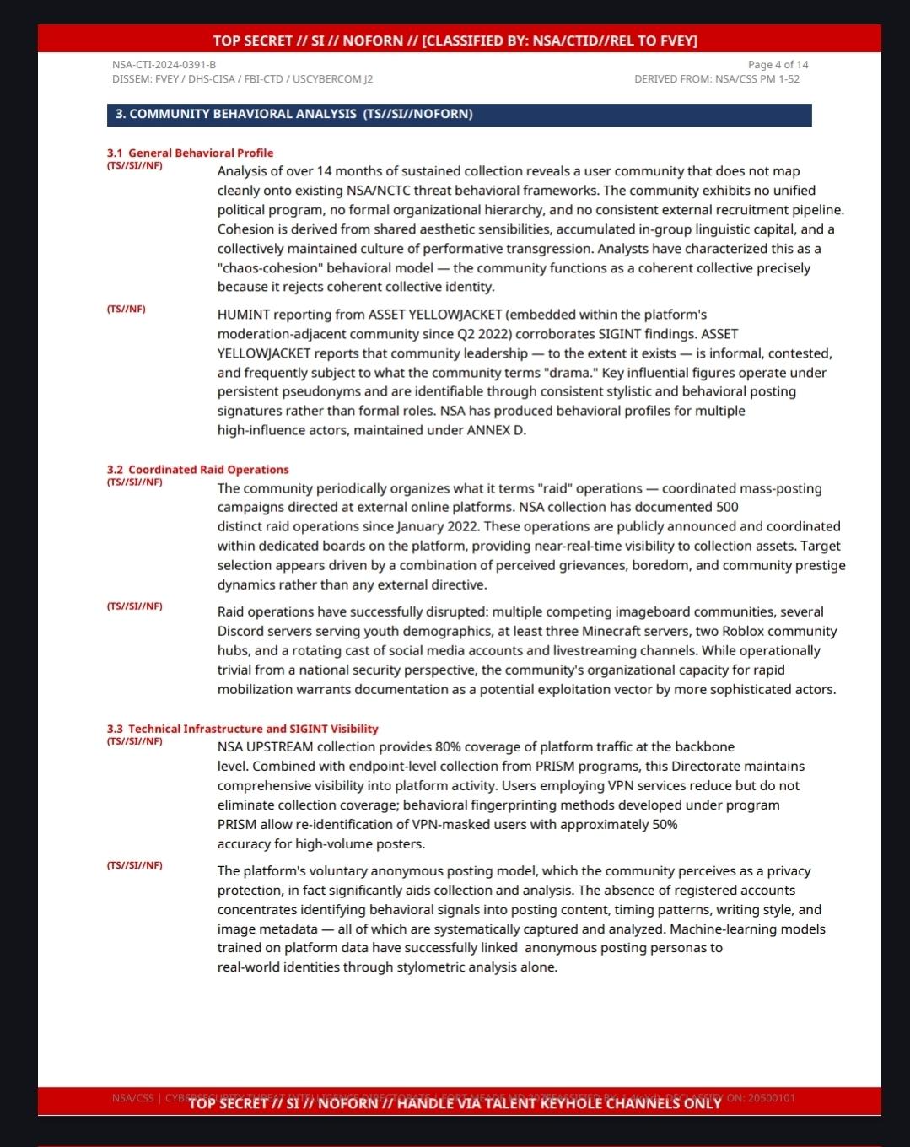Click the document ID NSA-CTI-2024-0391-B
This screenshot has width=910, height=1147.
tap(164, 65)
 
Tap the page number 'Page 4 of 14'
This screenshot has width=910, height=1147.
tap(778, 65)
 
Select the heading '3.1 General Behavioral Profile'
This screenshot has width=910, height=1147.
tap(190, 153)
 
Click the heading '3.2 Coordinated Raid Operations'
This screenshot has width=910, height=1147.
tap(197, 470)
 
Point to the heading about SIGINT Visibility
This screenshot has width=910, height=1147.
tap(242, 729)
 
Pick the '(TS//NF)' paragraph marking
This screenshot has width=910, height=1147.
tap(126, 310)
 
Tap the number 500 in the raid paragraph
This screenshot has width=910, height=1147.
tap(727, 507)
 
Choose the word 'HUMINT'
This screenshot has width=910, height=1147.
tap(244, 315)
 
